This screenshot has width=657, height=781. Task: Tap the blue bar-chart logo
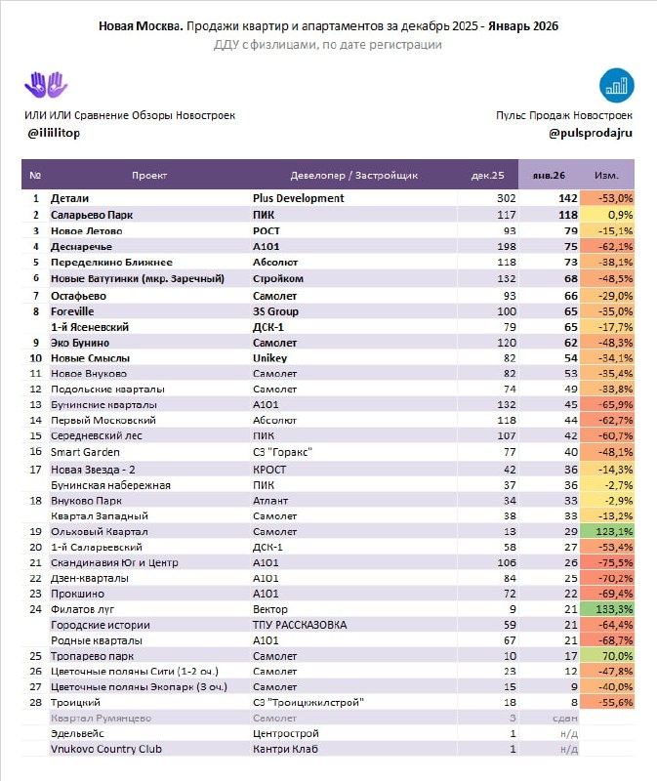coord(615,85)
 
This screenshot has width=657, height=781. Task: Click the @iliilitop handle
coord(53,133)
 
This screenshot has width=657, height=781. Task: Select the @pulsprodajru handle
coord(591,133)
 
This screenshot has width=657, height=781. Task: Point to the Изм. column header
coord(606,176)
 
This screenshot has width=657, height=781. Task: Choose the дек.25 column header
coord(487,176)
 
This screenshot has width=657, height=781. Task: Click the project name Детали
coord(69,198)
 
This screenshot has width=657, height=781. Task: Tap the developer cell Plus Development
coord(298,198)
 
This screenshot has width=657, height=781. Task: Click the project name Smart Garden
coord(85,452)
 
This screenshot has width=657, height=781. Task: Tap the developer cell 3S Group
coord(274,309)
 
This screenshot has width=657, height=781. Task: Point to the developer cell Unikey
coord(268,357)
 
